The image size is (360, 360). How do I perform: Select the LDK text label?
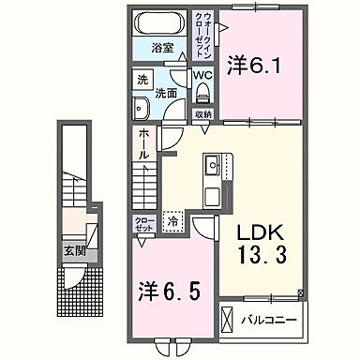point(252,232)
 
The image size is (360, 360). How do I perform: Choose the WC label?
point(203,74)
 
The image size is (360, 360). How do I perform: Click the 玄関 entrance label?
point(75,250)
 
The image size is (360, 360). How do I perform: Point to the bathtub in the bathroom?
point(162,24)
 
